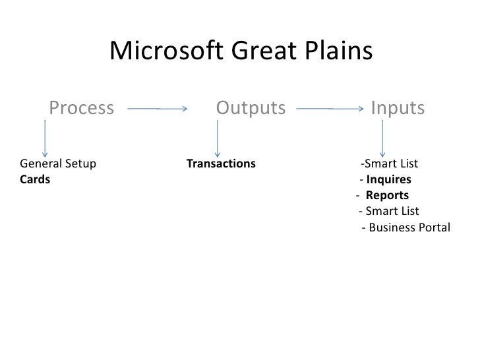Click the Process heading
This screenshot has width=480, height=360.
point(82,107)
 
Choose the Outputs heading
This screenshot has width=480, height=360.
point(251,107)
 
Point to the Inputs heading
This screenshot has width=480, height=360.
point(398,107)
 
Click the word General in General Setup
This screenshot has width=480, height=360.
point(41,164)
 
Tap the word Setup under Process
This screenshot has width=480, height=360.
point(80,164)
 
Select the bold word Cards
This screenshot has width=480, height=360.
point(35,180)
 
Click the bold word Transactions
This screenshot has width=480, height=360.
point(221,164)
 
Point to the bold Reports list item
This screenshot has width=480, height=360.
point(387,196)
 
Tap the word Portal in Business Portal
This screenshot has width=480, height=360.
point(433,228)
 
